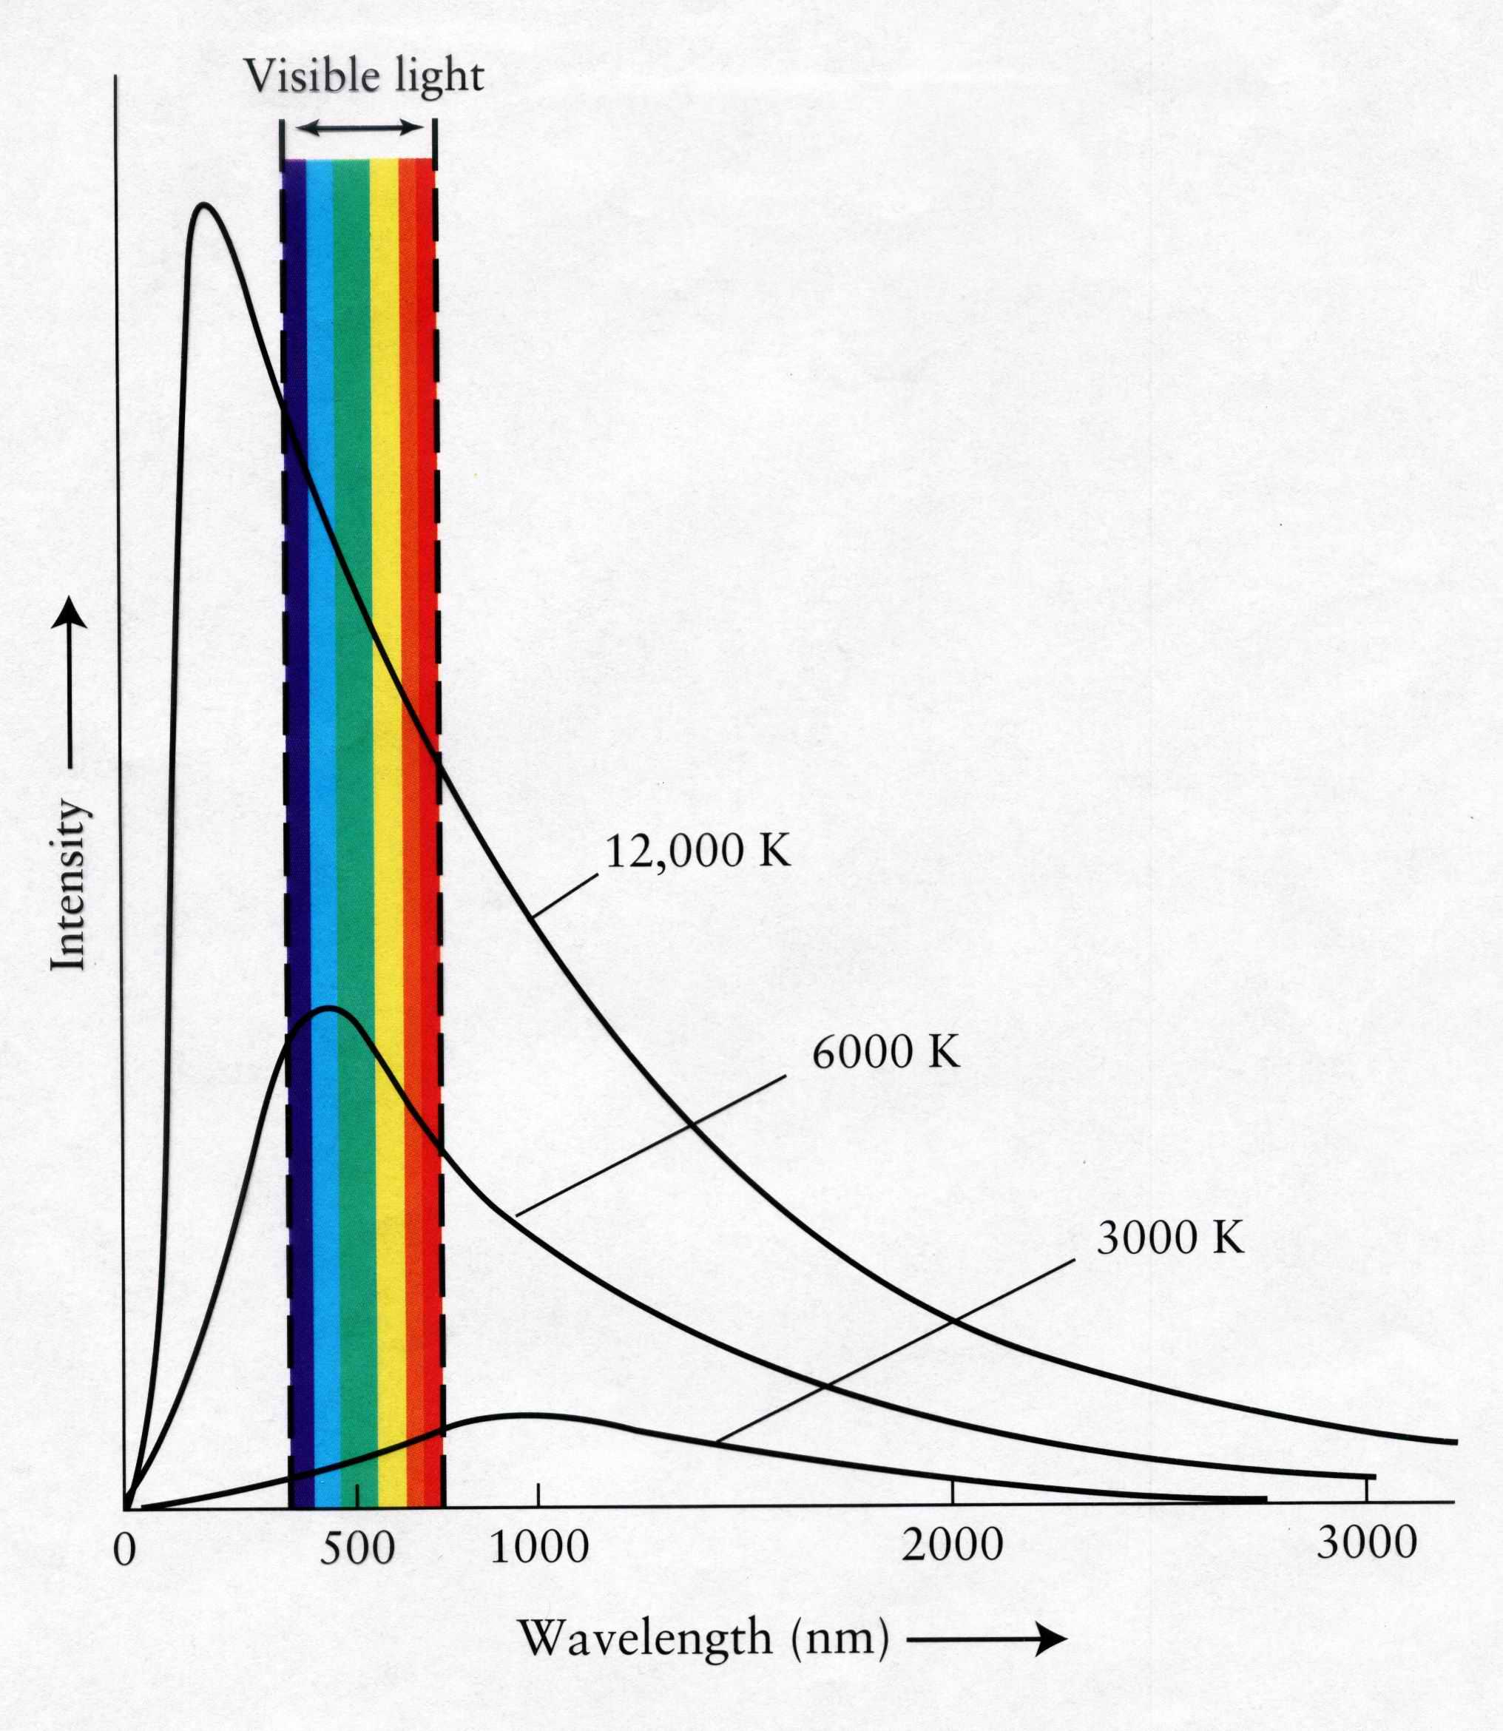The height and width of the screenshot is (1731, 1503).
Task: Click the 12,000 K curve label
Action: pyautogui.click(x=698, y=852)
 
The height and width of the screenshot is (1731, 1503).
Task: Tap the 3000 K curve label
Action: pyautogui.click(x=1170, y=1237)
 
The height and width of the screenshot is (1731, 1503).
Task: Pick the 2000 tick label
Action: pyautogui.click(x=952, y=1545)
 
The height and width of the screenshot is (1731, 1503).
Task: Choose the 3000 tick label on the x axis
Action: pyautogui.click(x=1366, y=1542)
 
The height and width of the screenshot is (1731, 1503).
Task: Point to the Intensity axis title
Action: pyautogui.click(x=70, y=885)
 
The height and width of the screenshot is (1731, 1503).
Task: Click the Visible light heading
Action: pyautogui.click(x=364, y=77)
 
